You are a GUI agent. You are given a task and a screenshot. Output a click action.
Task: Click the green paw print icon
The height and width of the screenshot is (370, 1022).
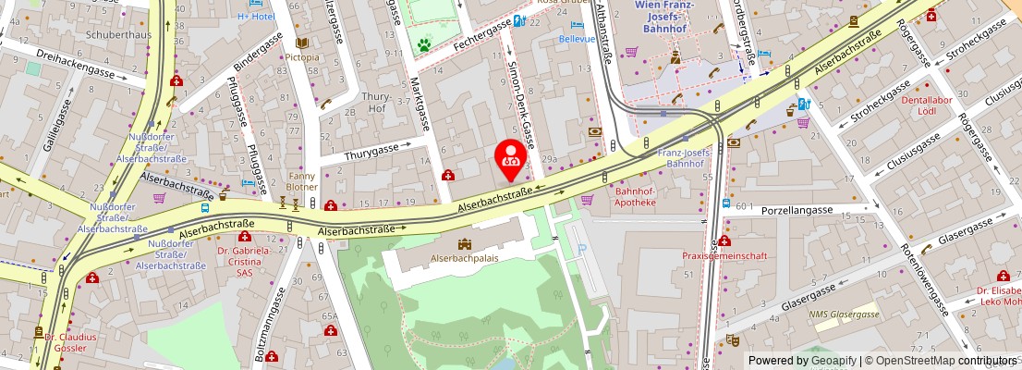coord(424,43)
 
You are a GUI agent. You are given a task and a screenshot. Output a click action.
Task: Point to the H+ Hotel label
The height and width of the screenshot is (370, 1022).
coord(256,17)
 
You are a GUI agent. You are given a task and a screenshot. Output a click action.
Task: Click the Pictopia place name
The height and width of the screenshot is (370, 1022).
coord(302,57)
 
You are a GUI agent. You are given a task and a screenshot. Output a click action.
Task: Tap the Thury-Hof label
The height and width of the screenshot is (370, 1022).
coord(377,102)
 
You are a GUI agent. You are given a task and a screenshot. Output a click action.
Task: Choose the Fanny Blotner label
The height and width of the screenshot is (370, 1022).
coord(302,180)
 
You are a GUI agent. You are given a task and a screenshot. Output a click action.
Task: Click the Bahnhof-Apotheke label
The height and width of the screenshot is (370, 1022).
coord(635,197)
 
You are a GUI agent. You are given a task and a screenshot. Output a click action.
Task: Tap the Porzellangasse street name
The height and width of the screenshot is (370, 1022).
coord(797,210)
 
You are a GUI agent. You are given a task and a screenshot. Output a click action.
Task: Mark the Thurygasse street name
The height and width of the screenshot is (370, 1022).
coord(378,149)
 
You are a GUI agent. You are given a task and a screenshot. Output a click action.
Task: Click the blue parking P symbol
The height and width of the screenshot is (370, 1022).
coord(581,248)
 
